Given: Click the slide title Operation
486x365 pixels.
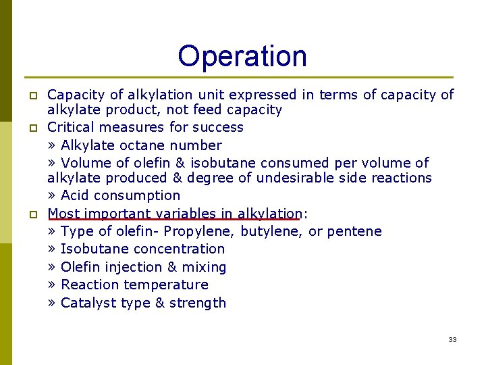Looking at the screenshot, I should tap(242, 56).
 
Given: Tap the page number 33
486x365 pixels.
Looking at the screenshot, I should tap(452, 339).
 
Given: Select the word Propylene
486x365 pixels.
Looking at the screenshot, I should tap(200, 231).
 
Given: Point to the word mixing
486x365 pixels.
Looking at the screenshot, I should tap(202, 267).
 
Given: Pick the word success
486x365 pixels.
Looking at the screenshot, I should tap(218, 127).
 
